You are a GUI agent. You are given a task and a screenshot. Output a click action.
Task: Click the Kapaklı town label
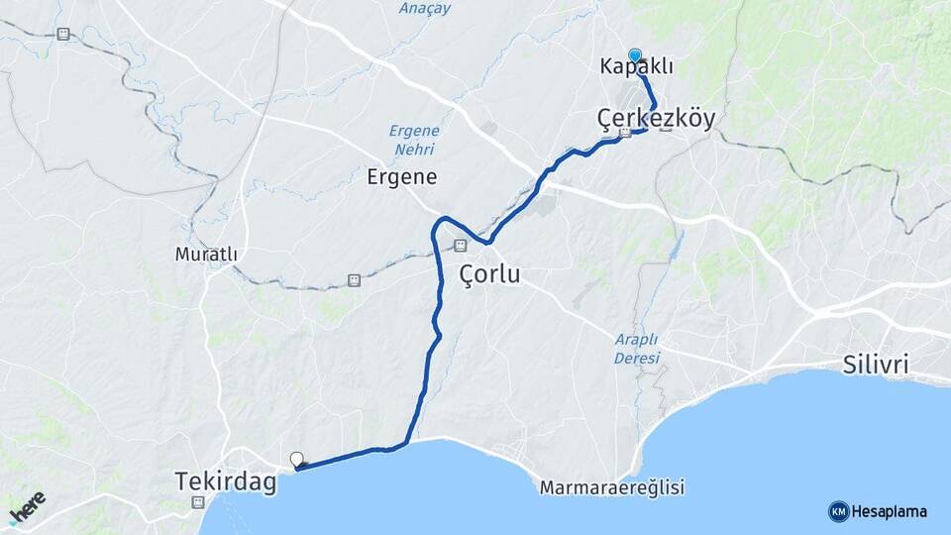[636, 67]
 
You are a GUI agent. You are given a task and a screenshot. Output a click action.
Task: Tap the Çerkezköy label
[656, 117]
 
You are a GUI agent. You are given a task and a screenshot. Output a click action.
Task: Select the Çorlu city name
[489, 274]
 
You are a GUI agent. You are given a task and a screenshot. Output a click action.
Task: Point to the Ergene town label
[401, 177]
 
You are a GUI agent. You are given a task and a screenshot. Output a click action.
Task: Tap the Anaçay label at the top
[424, 8]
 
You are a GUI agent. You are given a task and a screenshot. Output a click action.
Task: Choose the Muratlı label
[206, 255]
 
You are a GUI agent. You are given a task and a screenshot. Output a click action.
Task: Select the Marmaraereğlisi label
[612, 487]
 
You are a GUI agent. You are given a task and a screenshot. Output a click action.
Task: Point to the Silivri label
[875, 364]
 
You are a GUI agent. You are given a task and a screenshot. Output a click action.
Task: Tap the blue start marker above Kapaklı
[634, 55]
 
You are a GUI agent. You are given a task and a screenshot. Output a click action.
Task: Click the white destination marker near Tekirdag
[296, 459]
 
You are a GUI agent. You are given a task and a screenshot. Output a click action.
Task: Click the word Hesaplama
[889, 512]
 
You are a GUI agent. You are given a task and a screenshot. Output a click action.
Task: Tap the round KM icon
[838, 512]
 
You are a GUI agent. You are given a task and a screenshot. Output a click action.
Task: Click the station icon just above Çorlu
[460, 245]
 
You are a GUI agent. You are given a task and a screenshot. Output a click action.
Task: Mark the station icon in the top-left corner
[63, 34]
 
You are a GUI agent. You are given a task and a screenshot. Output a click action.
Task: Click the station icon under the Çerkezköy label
[625, 134]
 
